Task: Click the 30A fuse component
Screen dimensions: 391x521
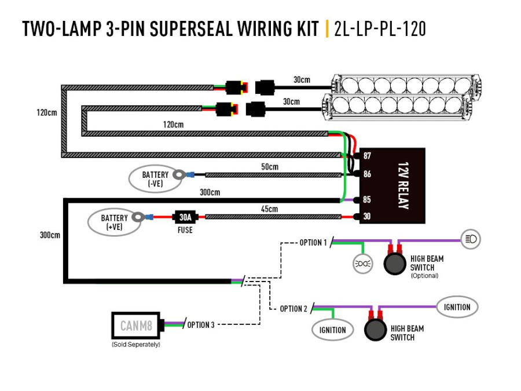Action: point(185,217)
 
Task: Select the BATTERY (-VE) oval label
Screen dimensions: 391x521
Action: point(155,178)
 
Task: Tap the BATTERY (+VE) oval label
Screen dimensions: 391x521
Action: point(114,222)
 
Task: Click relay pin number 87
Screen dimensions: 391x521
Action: point(367,156)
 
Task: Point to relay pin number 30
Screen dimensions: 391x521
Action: point(367,217)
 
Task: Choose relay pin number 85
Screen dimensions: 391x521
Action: point(367,200)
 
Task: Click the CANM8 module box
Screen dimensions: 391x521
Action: point(136,326)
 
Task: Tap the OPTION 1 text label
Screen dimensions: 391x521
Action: point(313,242)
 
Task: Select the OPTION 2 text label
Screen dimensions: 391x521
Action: point(293,309)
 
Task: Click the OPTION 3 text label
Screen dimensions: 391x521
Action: point(200,325)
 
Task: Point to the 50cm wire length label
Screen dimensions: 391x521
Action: point(269,167)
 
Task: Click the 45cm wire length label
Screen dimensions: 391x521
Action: point(269,209)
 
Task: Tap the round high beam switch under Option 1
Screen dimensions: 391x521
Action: point(395,263)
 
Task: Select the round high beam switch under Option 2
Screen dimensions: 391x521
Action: point(375,330)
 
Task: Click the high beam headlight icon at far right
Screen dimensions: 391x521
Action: point(471,238)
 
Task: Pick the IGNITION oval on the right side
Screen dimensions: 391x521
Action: point(457,307)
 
